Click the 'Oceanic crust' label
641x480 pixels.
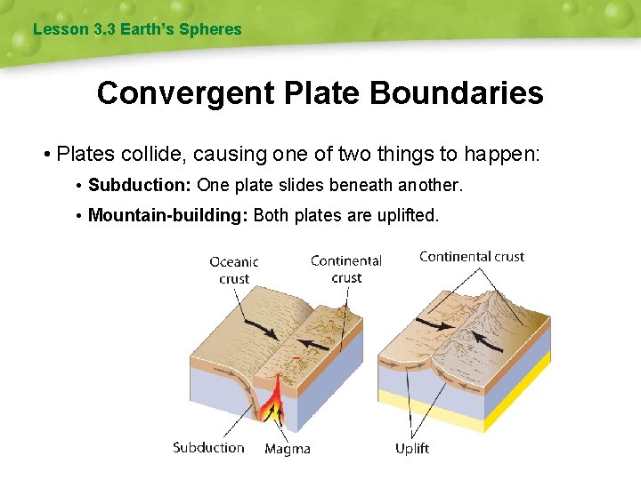pyautogui.click(x=234, y=269)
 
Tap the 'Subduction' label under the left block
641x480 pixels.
pyautogui.click(x=208, y=447)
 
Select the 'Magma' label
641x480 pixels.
pyautogui.click(x=288, y=449)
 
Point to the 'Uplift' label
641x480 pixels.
pyautogui.click(x=412, y=448)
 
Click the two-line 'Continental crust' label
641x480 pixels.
pyautogui.click(x=345, y=268)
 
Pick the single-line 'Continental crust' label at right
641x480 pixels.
pyautogui.click(x=472, y=257)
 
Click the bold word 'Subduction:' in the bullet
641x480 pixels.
pyautogui.click(x=140, y=186)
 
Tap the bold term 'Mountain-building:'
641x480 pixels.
pyautogui.click(x=168, y=216)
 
